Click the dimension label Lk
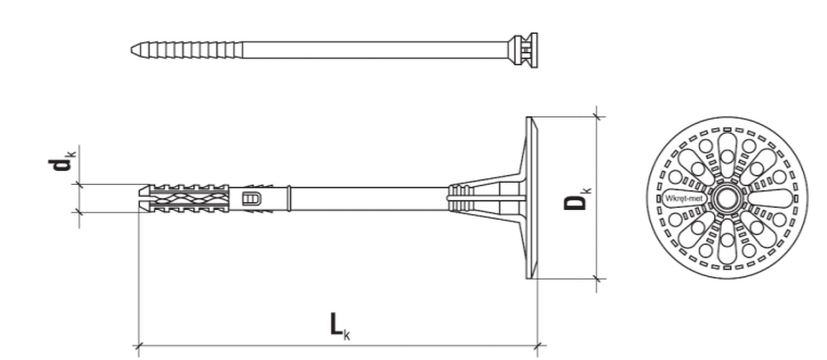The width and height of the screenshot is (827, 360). tap(339, 326)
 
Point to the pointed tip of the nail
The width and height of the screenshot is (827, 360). tap(132, 50)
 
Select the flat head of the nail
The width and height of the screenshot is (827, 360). tap(534, 50)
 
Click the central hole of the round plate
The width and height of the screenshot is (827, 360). tap(727, 198)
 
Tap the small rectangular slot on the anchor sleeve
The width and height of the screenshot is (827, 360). tap(251, 199)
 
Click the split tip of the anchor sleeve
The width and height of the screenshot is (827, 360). tap(145, 198)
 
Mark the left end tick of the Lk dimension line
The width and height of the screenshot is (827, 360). tap(138, 346)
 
